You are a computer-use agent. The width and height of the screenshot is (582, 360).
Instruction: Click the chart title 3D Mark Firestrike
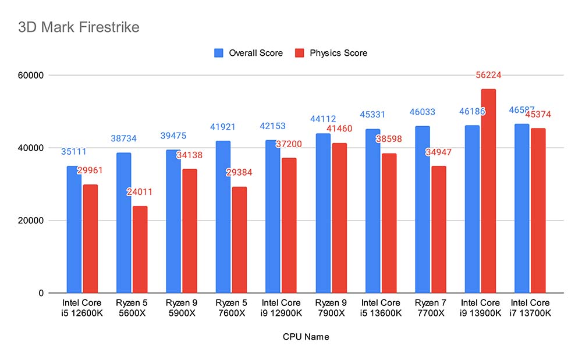pos(79,27)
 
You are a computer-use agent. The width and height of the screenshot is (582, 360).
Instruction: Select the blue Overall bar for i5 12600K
pos(74,229)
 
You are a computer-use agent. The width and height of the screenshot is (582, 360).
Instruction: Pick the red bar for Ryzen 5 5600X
pos(140,249)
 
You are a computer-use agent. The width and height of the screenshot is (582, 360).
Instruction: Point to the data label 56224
pos(489,75)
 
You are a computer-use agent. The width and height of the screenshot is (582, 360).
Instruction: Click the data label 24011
pos(140,192)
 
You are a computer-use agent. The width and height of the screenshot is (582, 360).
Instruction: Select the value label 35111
pos(74,152)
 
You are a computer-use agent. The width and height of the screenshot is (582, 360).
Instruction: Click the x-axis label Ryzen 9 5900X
pos(173,308)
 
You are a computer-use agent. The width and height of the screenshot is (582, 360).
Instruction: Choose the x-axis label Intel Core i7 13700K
pos(530,308)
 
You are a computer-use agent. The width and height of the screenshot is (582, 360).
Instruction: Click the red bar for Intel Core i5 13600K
pos(389,223)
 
